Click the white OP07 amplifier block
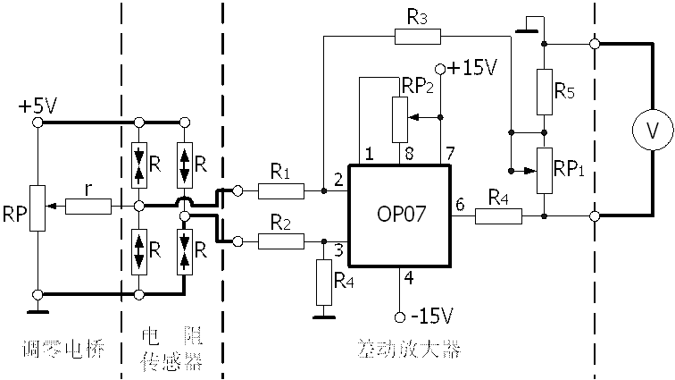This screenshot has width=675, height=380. (399, 215)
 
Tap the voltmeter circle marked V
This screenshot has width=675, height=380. (652, 131)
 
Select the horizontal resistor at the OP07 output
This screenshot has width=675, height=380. (498, 215)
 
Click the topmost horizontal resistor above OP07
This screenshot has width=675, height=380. (417, 37)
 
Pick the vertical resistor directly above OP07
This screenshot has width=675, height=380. (400, 120)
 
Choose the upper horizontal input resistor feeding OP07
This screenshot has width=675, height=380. (281, 191)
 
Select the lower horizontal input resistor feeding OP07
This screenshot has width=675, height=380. (281, 241)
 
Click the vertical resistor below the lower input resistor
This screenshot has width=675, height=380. (324, 283)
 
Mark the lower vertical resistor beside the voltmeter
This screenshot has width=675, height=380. (545, 171)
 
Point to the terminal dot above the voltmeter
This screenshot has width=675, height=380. (595, 43)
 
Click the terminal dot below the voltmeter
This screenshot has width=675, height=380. (595, 215)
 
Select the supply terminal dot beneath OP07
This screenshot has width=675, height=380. (401, 316)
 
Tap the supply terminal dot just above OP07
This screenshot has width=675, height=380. (439, 69)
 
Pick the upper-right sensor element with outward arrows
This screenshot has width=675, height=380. (184, 165)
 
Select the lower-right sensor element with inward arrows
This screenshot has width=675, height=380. (184, 252)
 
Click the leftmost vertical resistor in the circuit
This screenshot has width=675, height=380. (37, 208)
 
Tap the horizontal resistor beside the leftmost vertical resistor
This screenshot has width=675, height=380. (88, 207)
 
